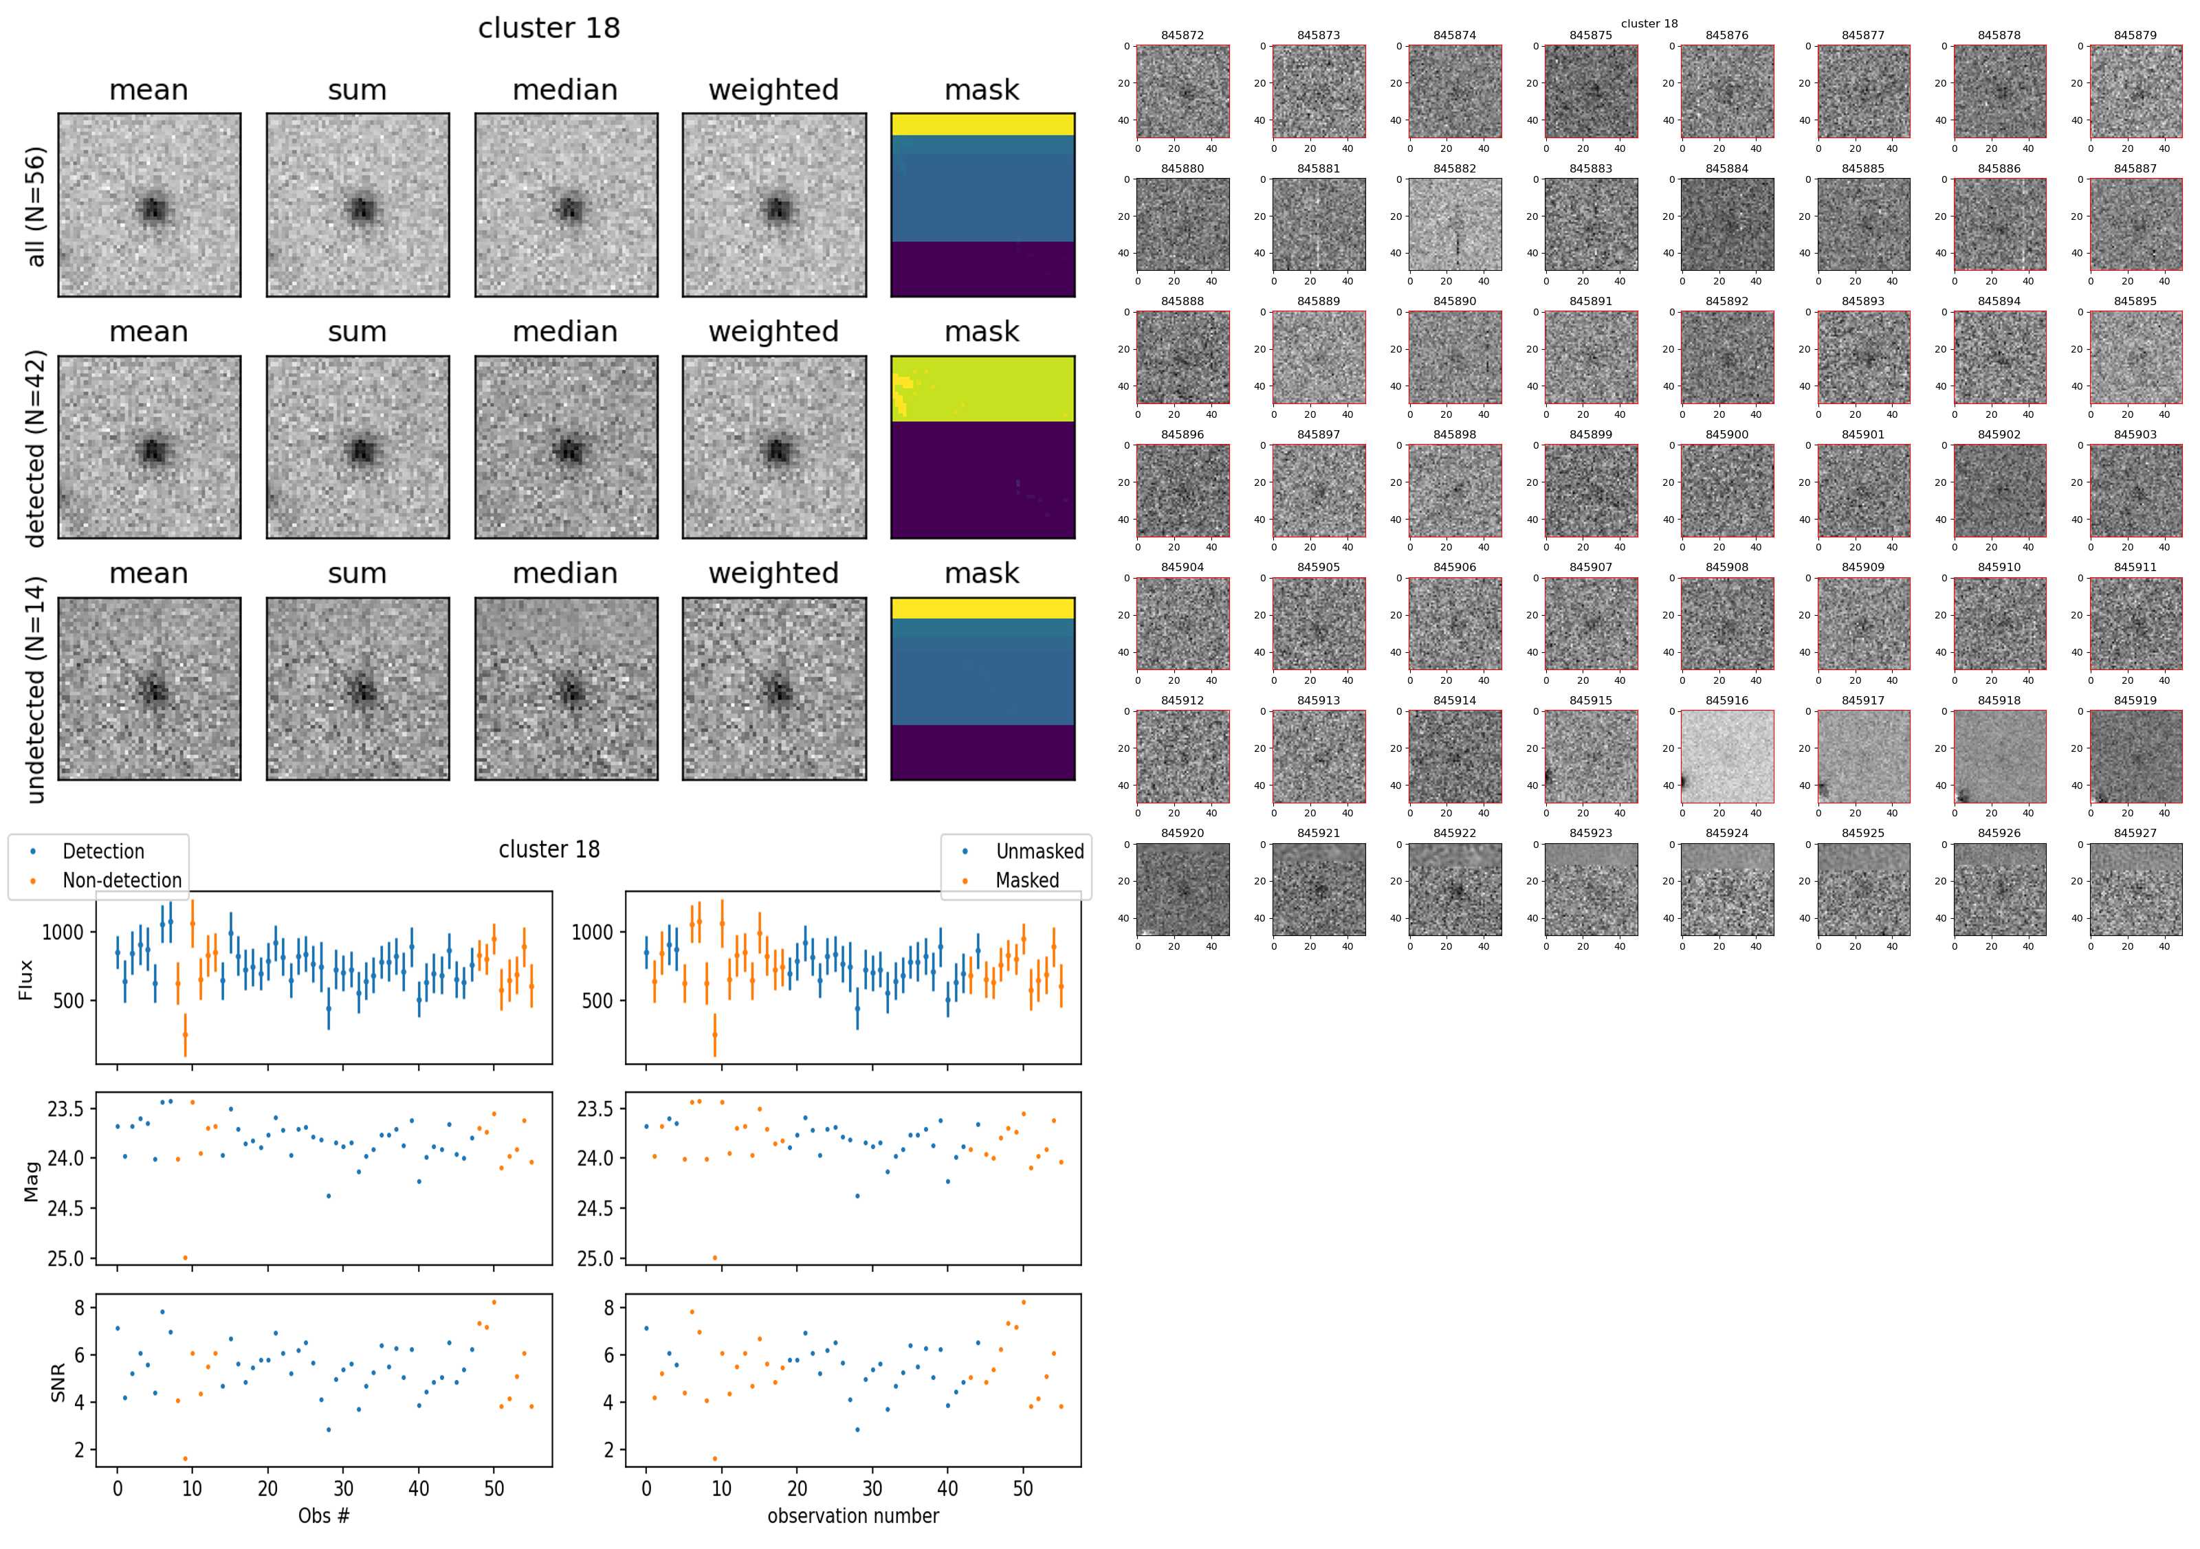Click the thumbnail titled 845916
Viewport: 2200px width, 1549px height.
[x=1726, y=756]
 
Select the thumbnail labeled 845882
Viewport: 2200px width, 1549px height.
[x=1455, y=224]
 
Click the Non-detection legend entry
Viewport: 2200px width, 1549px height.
[x=122, y=880]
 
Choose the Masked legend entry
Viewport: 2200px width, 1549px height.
[x=1027, y=880]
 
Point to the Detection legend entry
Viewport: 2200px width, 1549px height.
[x=102, y=851]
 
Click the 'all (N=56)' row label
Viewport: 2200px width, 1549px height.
[x=36, y=206]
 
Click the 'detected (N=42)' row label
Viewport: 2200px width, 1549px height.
[x=36, y=448]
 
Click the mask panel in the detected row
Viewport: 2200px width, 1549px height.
[x=982, y=447]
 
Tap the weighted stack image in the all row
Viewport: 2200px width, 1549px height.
[x=774, y=205]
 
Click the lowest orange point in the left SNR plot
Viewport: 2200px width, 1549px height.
[x=185, y=1459]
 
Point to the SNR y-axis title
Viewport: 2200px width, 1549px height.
[x=58, y=1382]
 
